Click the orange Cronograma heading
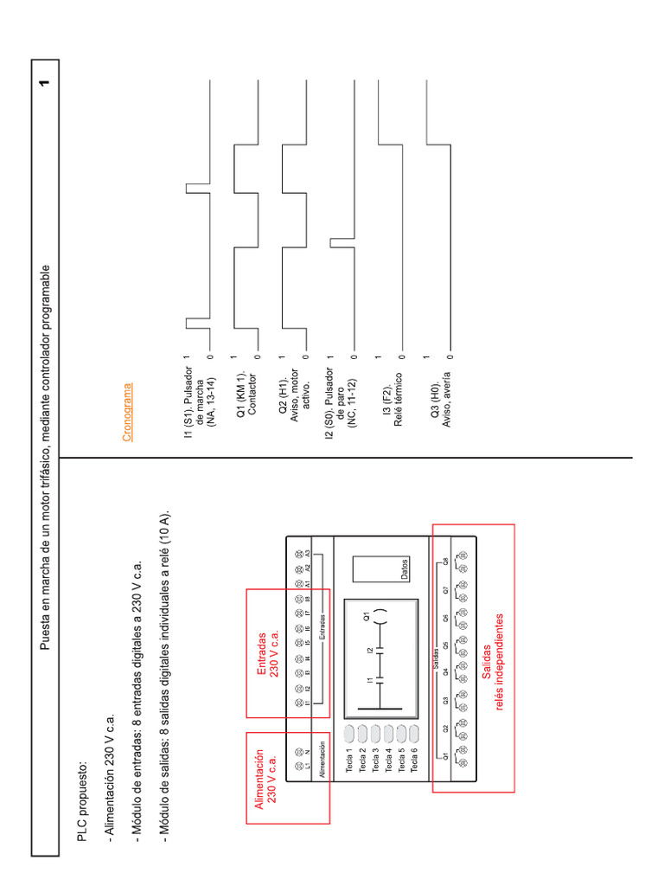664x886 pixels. coord(127,413)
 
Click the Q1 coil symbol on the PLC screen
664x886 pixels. coord(377,617)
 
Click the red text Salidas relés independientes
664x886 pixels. coord(493,663)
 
